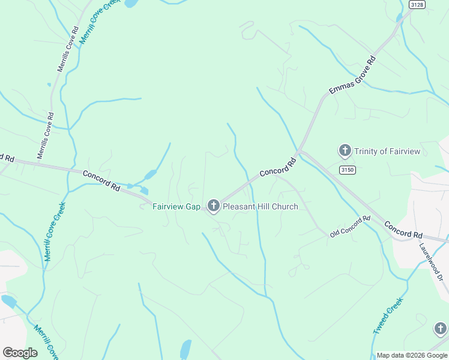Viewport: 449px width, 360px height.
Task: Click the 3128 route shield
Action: (417, 4)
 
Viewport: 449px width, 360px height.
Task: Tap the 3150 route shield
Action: (347, 170)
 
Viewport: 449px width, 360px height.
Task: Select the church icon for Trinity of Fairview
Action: (345, 151)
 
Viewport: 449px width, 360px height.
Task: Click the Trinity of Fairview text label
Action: (387, 151)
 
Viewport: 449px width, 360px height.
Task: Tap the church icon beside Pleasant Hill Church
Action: (213, 206)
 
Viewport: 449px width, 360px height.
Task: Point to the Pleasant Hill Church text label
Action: (260, 207)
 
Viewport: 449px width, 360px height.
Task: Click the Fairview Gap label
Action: (176, 207)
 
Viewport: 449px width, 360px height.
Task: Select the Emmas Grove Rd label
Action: (352, 76)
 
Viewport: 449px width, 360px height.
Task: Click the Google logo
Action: (20, 353)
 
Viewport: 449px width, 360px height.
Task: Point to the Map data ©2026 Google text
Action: (412, 355)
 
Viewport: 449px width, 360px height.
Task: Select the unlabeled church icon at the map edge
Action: (441, 329)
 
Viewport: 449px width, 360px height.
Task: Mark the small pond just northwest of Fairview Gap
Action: (149, 175)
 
